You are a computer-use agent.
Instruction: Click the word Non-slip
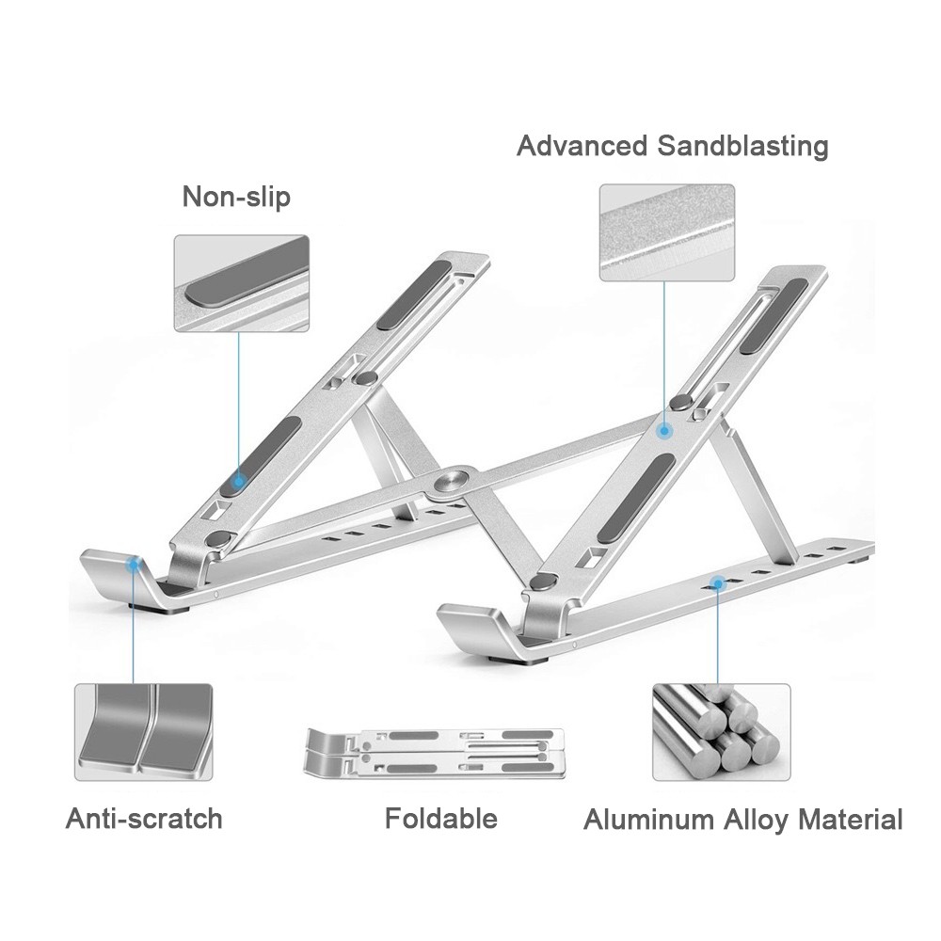236,198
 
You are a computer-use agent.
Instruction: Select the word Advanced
582,147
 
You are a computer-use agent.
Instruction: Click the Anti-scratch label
144,818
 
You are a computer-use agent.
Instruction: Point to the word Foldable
440,818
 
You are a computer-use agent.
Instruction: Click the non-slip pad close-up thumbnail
241,283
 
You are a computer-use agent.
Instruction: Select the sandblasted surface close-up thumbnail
666,232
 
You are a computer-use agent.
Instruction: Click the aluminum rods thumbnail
721,731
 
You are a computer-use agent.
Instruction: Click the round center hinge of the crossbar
448,481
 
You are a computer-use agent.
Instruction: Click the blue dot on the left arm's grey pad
238,481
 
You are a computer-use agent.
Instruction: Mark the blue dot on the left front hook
134,564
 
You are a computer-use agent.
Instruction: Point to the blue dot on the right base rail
718,583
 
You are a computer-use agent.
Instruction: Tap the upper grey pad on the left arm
414,295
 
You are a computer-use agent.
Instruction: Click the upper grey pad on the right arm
774,315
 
